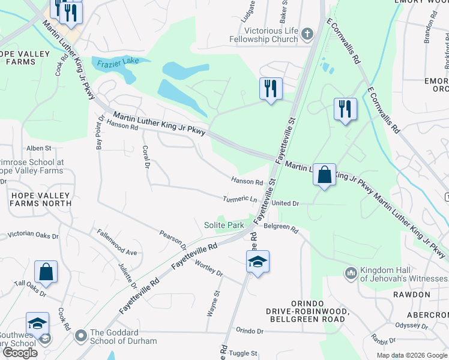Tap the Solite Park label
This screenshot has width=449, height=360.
tap(224, 225)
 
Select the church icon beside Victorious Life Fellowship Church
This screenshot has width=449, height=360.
tap(308, 34)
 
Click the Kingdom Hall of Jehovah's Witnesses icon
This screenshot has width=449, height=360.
tap(351, 274)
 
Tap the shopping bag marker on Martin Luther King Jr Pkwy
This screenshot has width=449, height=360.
tap(324, 175)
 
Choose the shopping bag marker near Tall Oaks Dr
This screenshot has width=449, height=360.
tap(46, 272)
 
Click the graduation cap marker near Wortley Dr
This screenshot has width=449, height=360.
tap(258, 262)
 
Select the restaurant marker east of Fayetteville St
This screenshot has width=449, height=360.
tap(345, 109)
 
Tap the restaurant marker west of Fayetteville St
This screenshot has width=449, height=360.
tap(271, 89)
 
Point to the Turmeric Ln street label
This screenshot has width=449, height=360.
tap(240, 199)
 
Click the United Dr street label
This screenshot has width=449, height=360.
tap(285, 203)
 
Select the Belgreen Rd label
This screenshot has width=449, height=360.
tap(282, 229)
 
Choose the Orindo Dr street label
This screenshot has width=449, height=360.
tap(249, 331)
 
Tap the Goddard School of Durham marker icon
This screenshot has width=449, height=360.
tap(80, 337)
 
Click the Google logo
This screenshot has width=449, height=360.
tap(20, 353)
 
